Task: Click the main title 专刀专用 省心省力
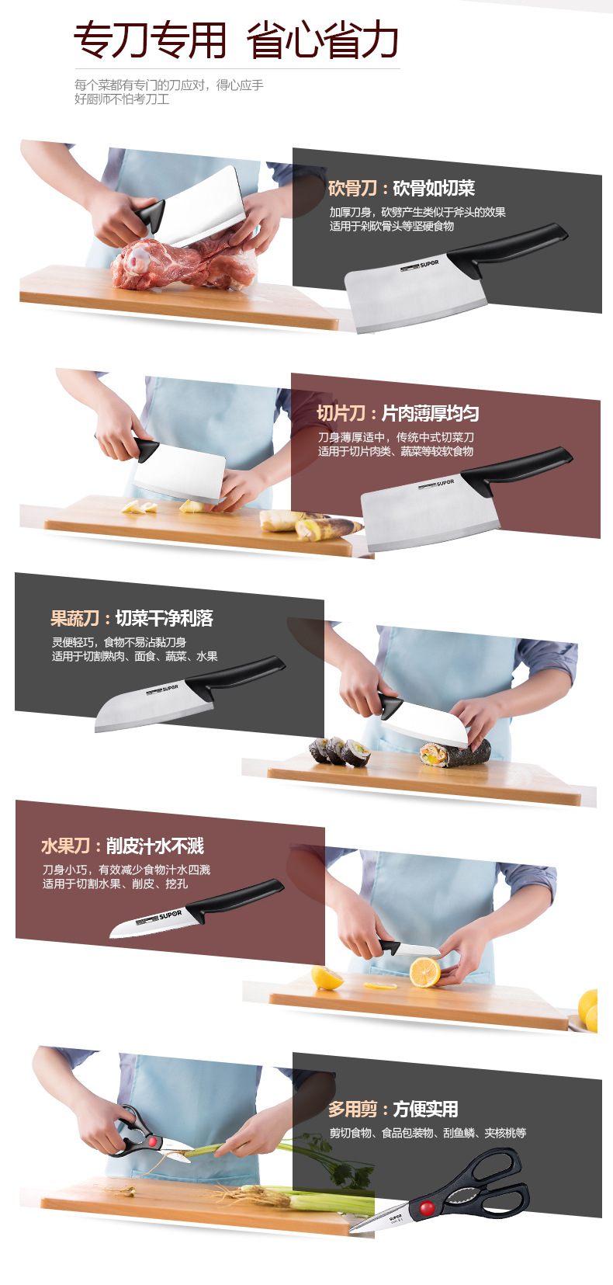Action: (x=236, y=40)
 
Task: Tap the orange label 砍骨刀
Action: (x=352, y=188)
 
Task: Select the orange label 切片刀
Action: (x=341, y=413)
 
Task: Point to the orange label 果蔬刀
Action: (x=74, y=618)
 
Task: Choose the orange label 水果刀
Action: (x=65, y=846)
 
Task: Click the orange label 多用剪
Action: (x=352, y=1109)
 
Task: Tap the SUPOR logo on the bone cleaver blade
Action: (x=420, y=265)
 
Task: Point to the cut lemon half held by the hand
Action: (x=425, y=972)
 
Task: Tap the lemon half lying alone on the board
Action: (x=327, y=977)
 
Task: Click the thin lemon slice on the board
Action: (x=380, y=985)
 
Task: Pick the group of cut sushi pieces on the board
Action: (x=339, y=752)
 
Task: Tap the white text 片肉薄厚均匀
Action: (x=430, y=413)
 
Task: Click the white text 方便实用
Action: (x=425, y=1109)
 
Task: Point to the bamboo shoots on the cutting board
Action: (x=310, y=524)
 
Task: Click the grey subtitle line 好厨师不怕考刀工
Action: (x=122, y=99)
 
